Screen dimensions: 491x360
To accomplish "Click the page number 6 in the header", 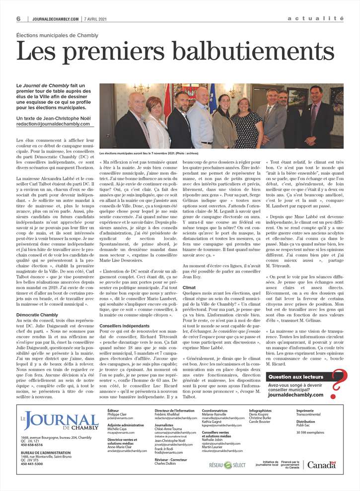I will click(x=18, y=18).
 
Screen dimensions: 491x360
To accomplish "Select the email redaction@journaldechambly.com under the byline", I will click(x=53, y=124).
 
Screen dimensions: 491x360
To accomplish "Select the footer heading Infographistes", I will click(x=260, y=411).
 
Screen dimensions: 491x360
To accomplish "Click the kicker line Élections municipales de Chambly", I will click(x=57, y=36).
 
